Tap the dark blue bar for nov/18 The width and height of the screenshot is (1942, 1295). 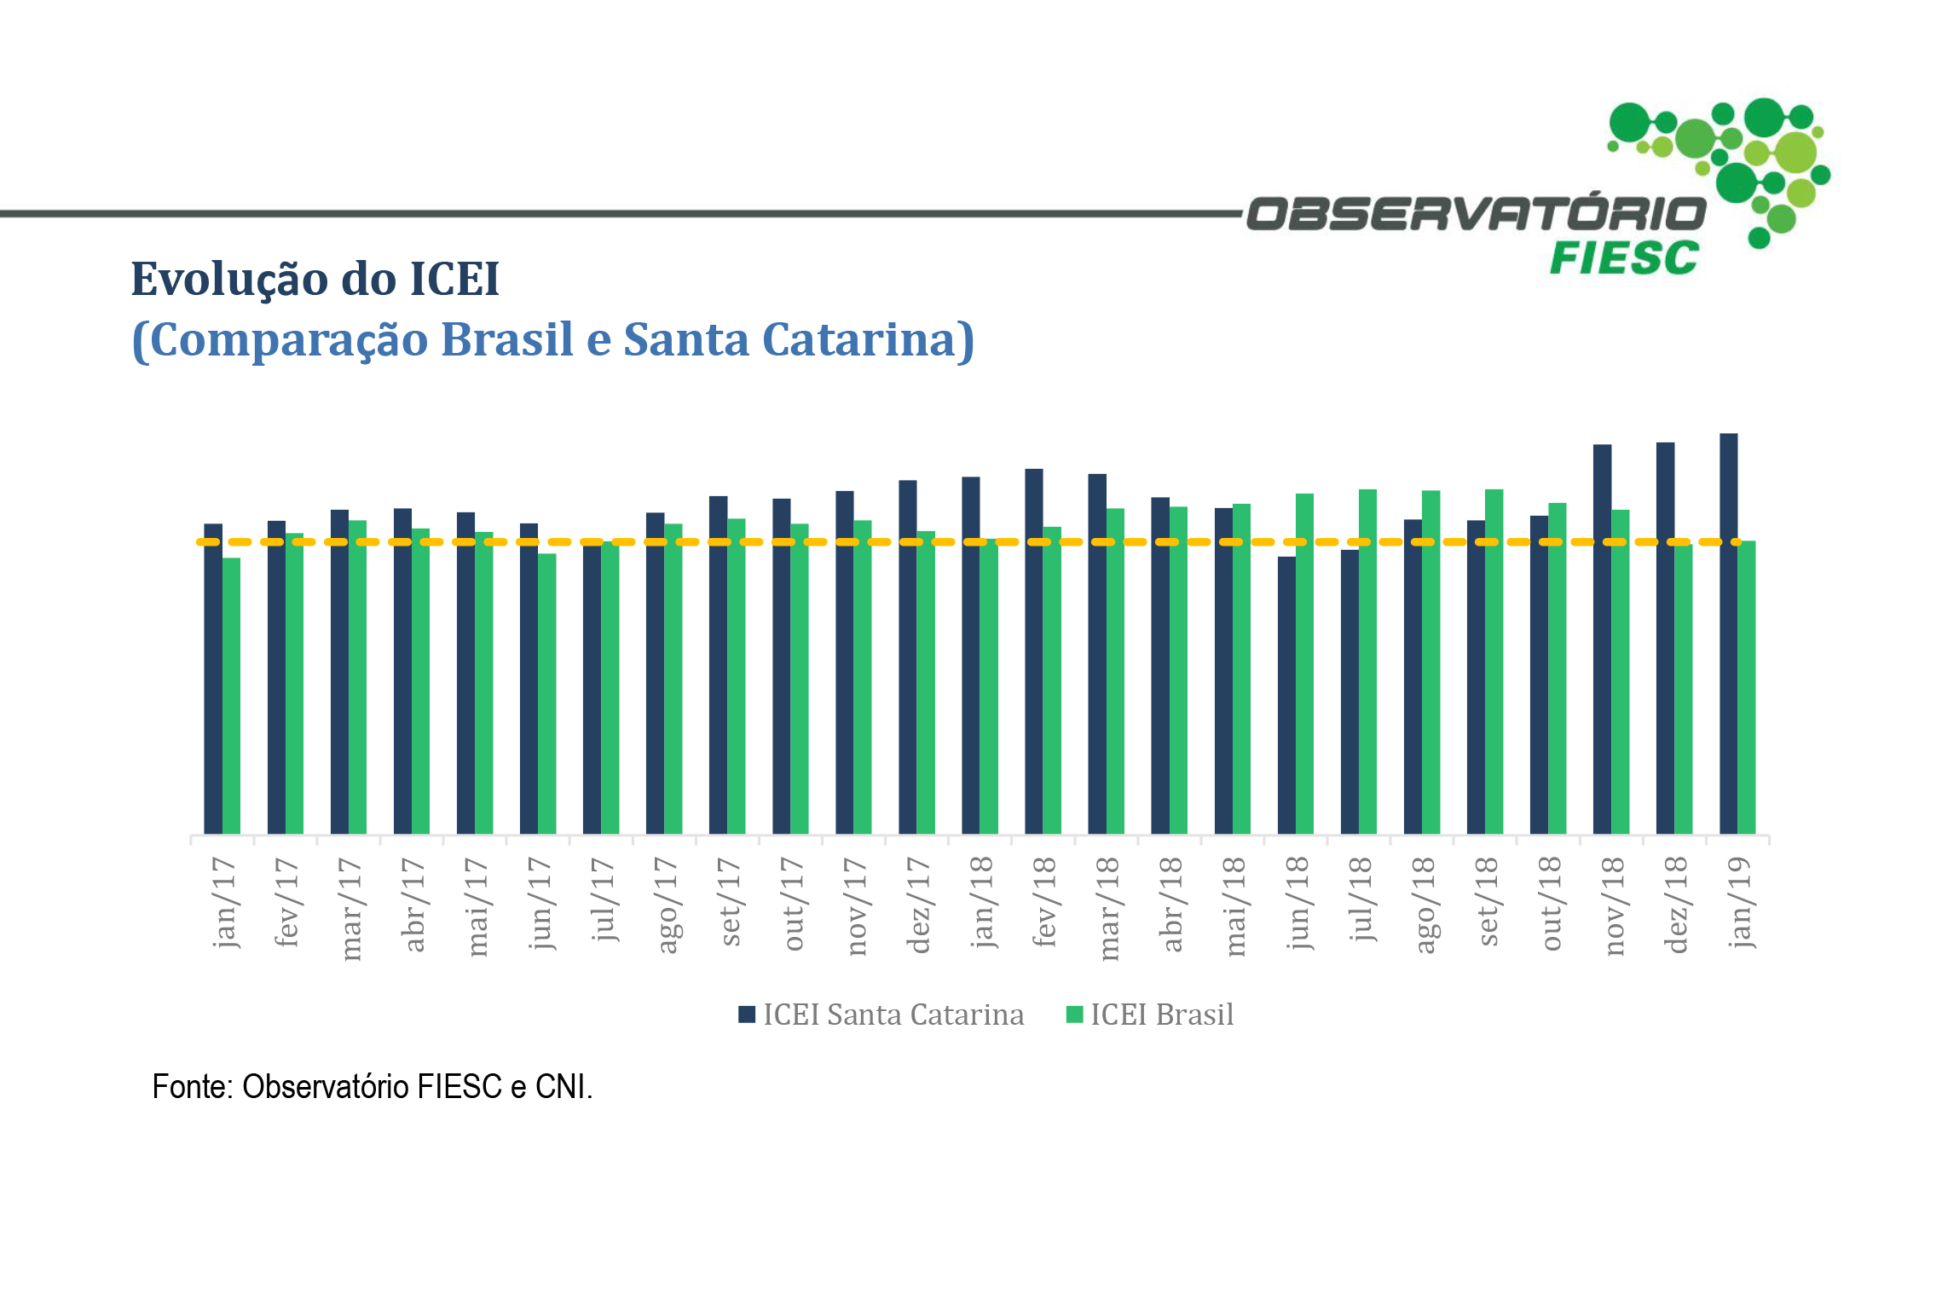(x=1602, y=639)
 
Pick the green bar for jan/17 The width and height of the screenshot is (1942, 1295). (x=231, y=696)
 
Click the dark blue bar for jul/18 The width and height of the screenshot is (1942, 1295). (x=1350, y=691)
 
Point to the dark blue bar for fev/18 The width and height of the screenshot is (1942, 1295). (x=1033, y=651)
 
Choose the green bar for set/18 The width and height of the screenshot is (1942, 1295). (x=1494, y=662)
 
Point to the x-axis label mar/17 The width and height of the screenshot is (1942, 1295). (x=350, y=909)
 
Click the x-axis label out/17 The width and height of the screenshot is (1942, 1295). (x=792, y=904)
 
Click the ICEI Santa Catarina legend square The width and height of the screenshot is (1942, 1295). (x=747, y=1015)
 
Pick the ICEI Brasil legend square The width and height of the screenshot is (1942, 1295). (x=1074, y=1015)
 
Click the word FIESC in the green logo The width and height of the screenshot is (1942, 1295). (x=1623, y=258)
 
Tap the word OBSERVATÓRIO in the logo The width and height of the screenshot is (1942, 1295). (x=1477, y=214)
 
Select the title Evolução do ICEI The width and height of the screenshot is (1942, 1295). (x=315, y=279)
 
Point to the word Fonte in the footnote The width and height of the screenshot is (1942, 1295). (x=191, y=1087)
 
